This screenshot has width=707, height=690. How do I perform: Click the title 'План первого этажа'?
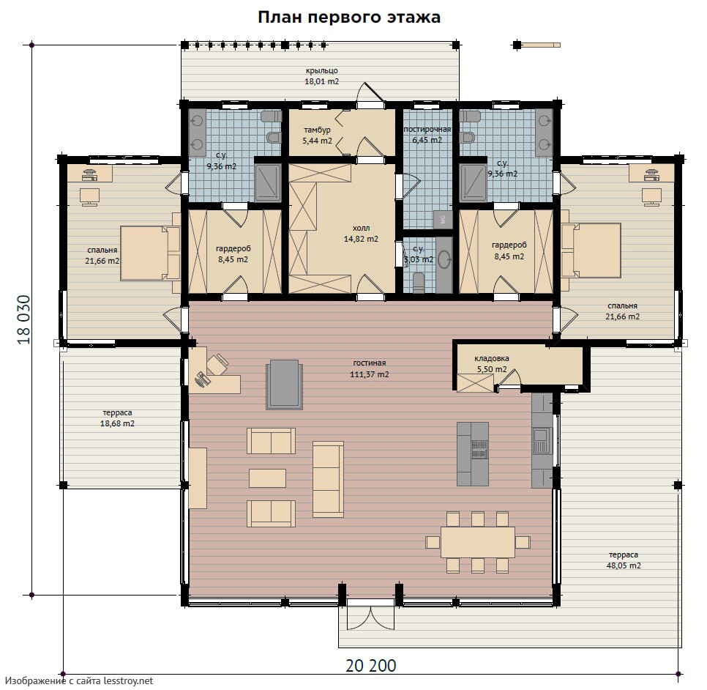tap(349, 17)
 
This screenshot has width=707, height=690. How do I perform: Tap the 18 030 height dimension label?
tap(24, 319)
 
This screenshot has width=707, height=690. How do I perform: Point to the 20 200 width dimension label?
tap(371, 665)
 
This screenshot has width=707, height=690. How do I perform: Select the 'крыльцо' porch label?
tap(321, 70)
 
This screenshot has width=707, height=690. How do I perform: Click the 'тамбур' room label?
tap(317, 130)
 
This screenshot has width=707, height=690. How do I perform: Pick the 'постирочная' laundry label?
tap(427, 130)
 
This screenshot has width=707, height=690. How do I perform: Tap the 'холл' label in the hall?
tap(361, 228)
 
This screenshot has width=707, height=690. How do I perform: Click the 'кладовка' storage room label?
tap(492, 358)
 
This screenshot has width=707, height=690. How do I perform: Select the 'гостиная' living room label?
tap(370, 363)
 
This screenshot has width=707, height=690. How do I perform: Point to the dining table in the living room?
tap(478, 542)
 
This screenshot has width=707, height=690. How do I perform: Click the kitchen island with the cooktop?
tap(473, 453)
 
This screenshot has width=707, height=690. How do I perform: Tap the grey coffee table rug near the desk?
tap(284, 385)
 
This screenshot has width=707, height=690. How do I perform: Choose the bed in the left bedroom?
tap(150, 253)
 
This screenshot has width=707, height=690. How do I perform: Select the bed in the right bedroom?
tap(591, 251)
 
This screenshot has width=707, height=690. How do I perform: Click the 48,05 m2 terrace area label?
tap(624, 565)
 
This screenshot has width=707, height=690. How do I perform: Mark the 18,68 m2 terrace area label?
tap(117, 423)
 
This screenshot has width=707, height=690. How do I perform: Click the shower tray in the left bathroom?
tap(268, 183)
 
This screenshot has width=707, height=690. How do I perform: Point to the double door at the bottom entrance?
tap(370, 617)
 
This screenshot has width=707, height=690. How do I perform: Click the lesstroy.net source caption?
tap(80, 680)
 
